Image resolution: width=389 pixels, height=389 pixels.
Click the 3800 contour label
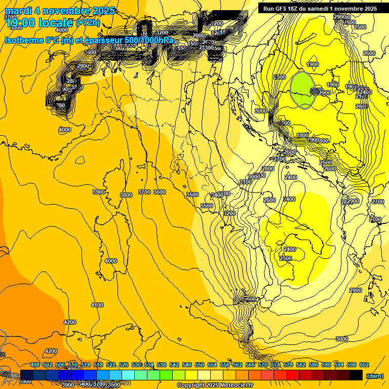point(126,195)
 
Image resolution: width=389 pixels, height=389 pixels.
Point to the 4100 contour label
point(97,305)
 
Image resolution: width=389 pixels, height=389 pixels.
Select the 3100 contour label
point(245,182)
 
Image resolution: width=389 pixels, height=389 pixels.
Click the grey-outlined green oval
point(303,90)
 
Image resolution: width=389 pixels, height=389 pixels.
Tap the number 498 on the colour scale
point(35,365)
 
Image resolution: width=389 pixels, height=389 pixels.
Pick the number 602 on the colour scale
point(364,365)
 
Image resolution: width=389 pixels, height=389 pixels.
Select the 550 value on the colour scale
point(200,365)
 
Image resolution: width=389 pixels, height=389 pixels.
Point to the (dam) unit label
point(374,375)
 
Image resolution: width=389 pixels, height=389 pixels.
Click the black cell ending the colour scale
point(356,375)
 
